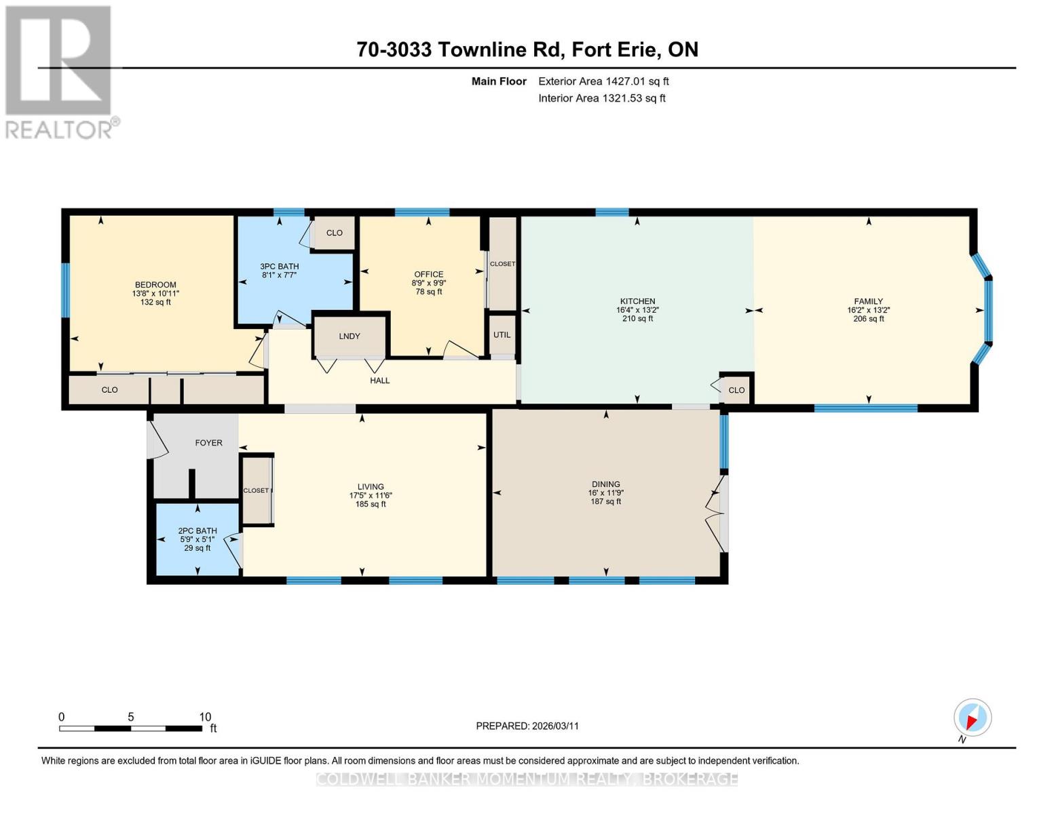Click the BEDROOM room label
coord(155,285)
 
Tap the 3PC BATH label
coord(279,267)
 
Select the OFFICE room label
coord(428,275)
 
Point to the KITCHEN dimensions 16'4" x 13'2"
coord(637,310)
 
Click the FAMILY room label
coord(868,301)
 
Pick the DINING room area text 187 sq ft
coord(605,502)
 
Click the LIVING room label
coord(371,486)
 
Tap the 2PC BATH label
coord(197,531)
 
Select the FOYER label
coord(208,443)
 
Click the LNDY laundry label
coord(350,336)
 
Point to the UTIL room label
coord(502,335)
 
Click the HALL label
coord(379,381)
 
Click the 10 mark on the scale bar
coord(205,717)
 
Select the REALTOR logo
coord(60,71)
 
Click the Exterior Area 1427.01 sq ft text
coord(603,81)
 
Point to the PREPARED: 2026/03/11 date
coord(527,726)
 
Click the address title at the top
coord(527,50)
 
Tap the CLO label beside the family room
coord(736,390)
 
